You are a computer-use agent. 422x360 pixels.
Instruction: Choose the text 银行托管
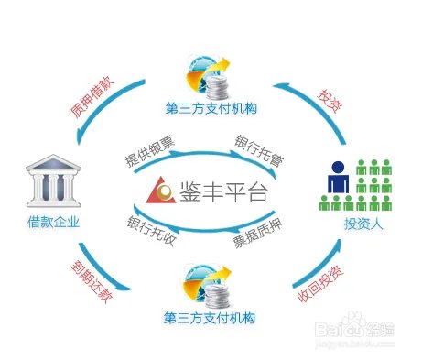point(259,148)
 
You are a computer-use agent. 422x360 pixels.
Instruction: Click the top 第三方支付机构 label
point(209,109)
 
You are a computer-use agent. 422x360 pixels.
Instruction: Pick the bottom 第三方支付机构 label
point(209,319)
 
